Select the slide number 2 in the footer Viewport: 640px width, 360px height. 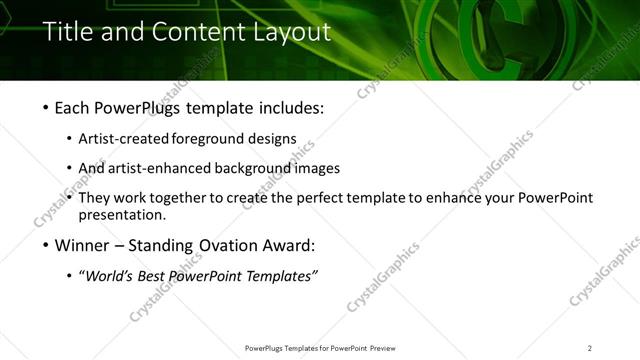pos(590,348)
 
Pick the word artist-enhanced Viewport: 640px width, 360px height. pos(152,168)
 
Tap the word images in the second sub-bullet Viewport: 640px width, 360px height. pos(319,168)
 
